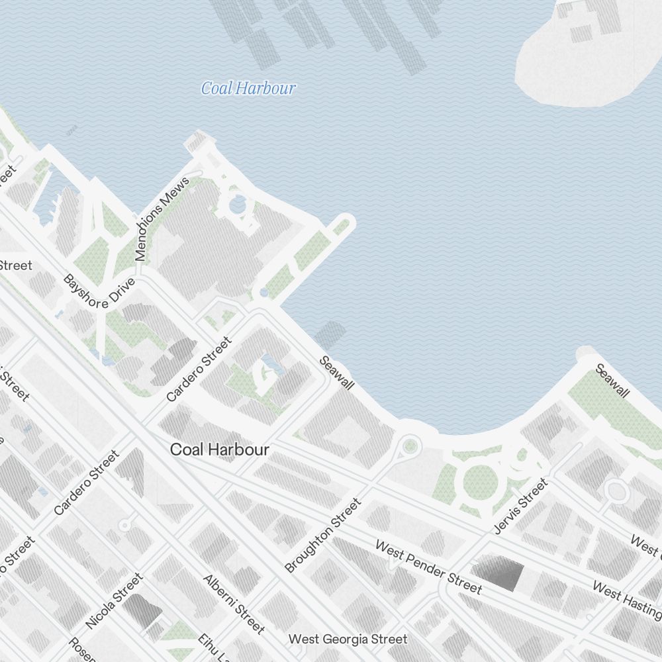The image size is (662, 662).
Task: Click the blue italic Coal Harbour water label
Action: (x=248, y=88)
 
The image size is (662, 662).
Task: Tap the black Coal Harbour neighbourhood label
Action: (x=220, y=450)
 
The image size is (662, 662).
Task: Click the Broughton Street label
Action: (x=323, y=536)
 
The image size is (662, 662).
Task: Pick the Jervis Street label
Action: (x=522, y=506)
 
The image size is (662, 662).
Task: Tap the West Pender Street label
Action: (x=428, y=567)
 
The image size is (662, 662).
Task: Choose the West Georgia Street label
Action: (x=348, y=639)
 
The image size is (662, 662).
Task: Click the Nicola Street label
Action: (x=114, y=601)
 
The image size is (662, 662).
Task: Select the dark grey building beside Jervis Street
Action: (x=498, y=572)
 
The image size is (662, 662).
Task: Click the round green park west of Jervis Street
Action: (x=480, y=481)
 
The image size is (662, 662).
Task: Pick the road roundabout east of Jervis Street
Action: (x=616, y=491)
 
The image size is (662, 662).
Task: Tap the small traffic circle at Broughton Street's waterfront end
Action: (x=410, y=445)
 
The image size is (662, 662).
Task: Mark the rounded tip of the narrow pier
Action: (x=345, y=221)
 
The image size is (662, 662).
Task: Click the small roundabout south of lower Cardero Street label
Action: (x=123, y=526)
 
